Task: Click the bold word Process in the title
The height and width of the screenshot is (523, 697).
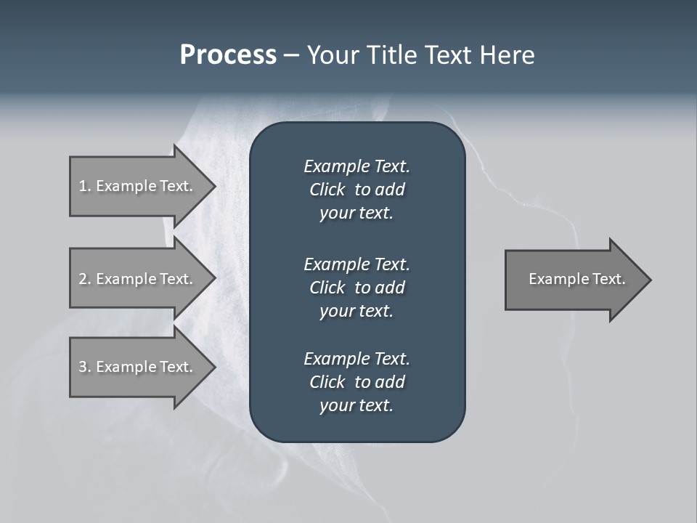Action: [x=228, y=55]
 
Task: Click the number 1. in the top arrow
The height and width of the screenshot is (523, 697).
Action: [x=84, y=186]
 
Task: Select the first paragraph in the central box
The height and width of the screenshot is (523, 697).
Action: [x=356, y=190]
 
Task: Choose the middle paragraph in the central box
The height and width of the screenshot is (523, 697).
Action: [x=356, y=287]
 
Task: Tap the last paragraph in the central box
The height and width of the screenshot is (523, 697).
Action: [x=356, y=382]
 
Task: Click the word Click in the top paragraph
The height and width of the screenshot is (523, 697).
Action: [x=327, y=190]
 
